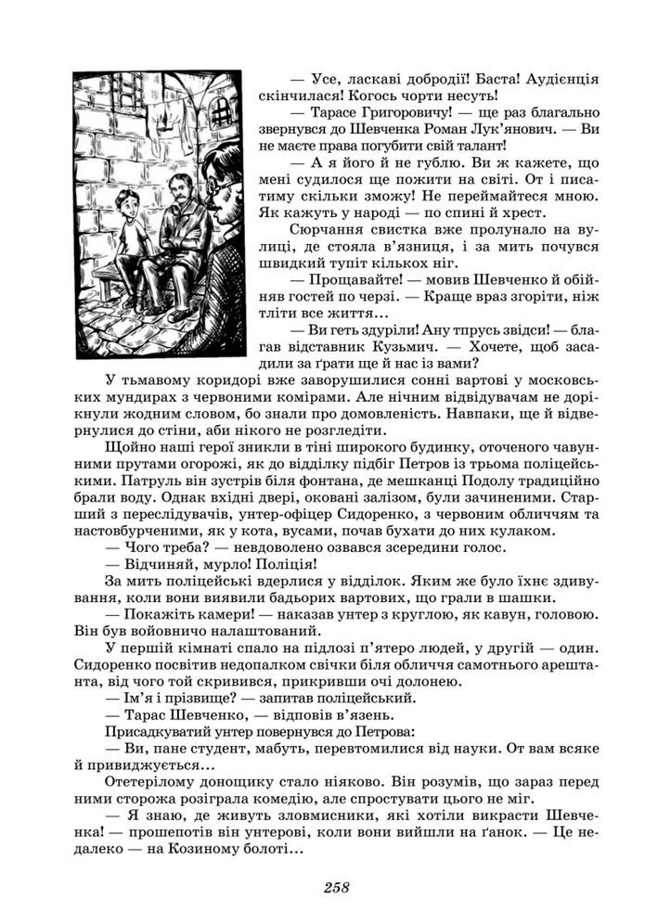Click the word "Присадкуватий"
coord(159,730)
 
